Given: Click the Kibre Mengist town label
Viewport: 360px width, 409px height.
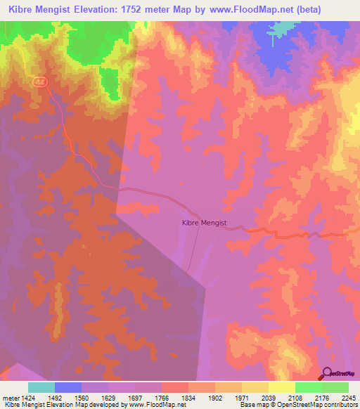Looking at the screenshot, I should (x=204, y=223).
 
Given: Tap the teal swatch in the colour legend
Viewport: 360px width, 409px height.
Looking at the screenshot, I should (x=41, y=387).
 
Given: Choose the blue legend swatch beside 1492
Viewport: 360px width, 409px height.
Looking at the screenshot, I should (x=68, y=387).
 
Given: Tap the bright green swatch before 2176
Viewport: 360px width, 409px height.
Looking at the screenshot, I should (x=309, y=387).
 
